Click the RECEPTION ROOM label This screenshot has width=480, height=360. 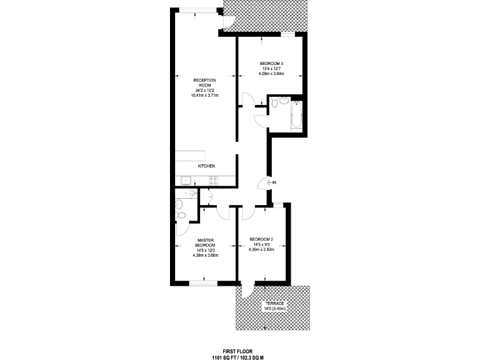[204, 83]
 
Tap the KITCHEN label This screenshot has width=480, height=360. [207, 166]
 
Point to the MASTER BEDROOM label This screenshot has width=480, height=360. [206, 242]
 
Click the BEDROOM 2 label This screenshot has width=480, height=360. [261, 239]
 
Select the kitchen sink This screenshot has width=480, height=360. [185, 181]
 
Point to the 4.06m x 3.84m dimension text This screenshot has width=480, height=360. [271, 74]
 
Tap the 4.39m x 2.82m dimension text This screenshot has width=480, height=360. [261, 250]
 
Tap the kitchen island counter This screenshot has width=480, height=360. [190, 156]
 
